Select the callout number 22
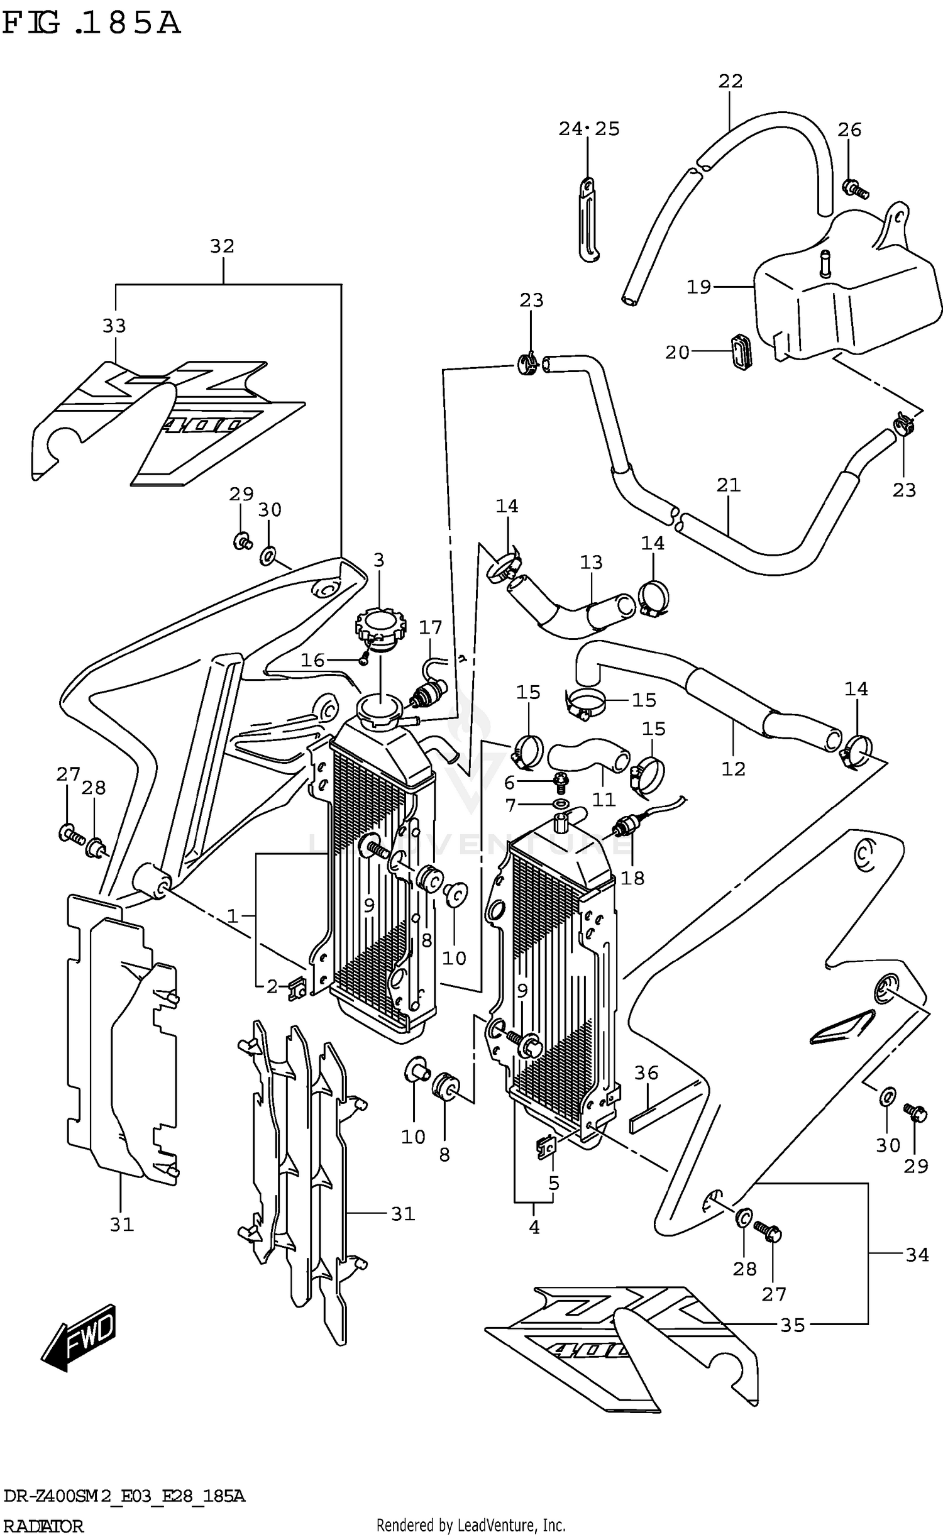[731, 81]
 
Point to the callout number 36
[646, 1072]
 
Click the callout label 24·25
[589, 129]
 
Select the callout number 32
[222, 246]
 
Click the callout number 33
[114, 326]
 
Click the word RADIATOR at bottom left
[43, 1526]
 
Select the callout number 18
[632, 878]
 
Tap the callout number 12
[733, 768]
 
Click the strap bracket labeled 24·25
[588, 220]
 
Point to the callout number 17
[431, 627]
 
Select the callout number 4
[534, 1226]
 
